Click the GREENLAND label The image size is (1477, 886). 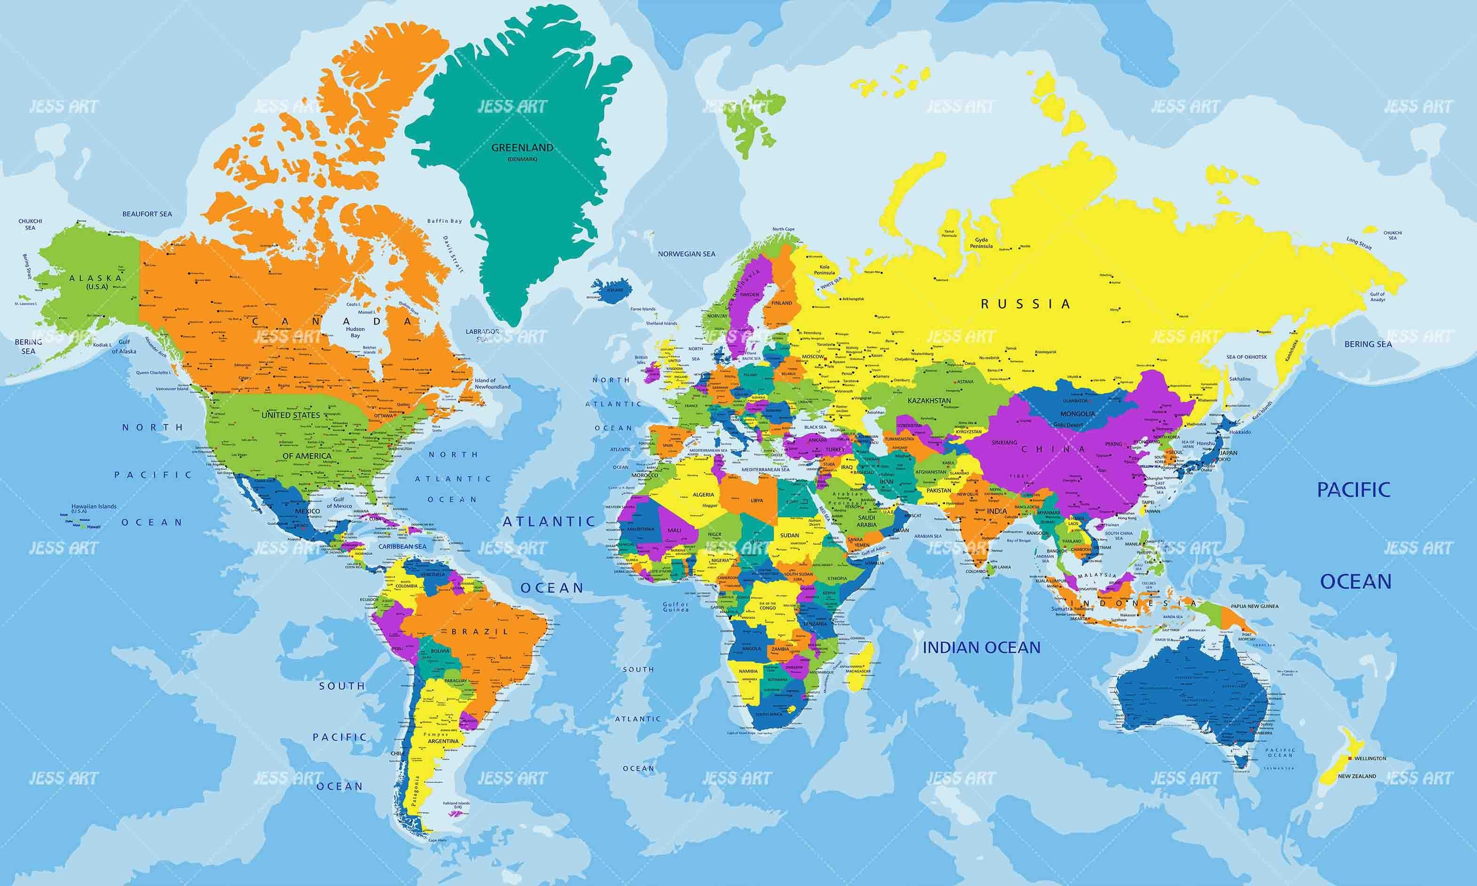pyautogui.click(x=522, y=148)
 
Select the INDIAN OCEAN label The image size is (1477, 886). pyautogui.click(x=981, y=647)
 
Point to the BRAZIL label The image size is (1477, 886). pyautogui.click(x=480, y=632)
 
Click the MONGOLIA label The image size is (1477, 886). pyautogui.click(x=1077, y=414)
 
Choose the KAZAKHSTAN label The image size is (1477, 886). pyautogui.click(x=929, y=401)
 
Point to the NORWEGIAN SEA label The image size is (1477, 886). pyautogui.click(x=686, y=254)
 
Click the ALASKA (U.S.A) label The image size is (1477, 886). pyautogui.click(x=95, y=281)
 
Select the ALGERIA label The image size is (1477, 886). pyautogui.click(x=703, y=494)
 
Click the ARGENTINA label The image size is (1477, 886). pyautogui.click(x=443, y=741)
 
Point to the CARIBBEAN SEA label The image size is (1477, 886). pyautogui.click(x=402, y=546)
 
